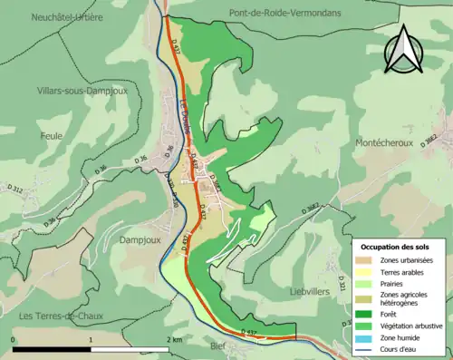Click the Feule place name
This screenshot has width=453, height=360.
[x=52, y=136]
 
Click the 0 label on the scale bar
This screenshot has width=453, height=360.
[x=13, y=338]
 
